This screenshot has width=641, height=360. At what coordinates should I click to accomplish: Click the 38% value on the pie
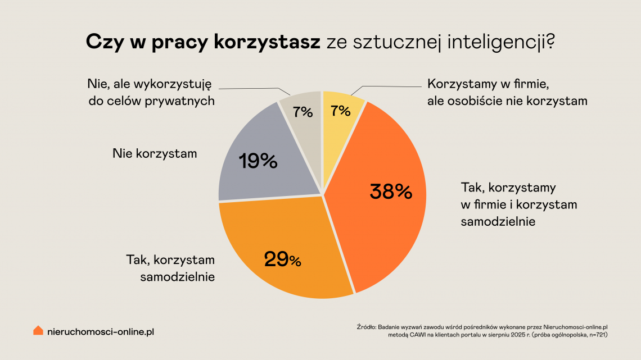[x=391, y=192]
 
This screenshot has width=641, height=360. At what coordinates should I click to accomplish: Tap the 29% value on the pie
[x=282, y=259]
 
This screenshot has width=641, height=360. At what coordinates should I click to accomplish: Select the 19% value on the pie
[x=258, y=161]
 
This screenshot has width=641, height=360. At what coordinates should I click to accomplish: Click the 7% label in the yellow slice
[x=341, y=111]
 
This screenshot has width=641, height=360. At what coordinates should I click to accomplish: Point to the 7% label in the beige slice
[x=303, y=112]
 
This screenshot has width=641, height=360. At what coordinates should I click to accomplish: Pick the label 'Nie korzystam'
[x=155, y=153]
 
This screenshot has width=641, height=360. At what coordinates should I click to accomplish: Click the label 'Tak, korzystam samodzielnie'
[x=170, y=268]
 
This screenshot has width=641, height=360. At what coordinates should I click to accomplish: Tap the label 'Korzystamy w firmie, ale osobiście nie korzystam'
[x=507, y=93]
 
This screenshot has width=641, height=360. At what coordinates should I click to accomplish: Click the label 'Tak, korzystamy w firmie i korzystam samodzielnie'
[x=518, y=204]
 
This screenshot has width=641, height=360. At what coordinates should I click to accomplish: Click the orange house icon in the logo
[x=38, y=331]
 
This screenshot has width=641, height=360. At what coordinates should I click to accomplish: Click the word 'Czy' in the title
[x=102, y=42]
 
